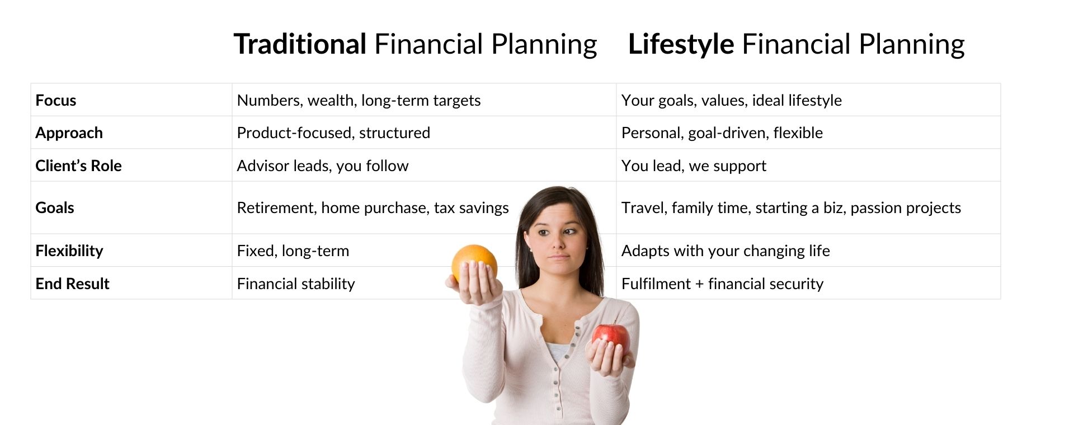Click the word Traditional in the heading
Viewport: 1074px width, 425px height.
(300, 44)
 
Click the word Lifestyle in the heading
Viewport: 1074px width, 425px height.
(681, 45)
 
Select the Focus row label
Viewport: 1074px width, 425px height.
(55, 100)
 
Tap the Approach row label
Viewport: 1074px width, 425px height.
(69, 133)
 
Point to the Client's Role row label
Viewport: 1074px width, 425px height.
(78, 166)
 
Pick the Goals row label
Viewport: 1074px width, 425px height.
(54, 207)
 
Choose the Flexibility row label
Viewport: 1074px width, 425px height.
(69, 251)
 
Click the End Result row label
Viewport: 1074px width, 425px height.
(72, 284)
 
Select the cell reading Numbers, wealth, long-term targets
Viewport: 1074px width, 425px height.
(359, 101)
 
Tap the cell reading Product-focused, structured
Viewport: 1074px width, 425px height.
(333, 133)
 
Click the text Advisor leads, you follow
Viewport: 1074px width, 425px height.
(323, 166)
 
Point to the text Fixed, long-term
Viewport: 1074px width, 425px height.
(293, 251)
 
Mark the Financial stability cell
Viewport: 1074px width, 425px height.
(296, 284)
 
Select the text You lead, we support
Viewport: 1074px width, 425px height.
(694, 166)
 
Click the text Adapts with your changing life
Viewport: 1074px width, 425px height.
(726, 251)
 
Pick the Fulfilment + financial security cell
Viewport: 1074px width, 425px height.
(722, 284)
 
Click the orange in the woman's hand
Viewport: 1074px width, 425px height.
(474, 263)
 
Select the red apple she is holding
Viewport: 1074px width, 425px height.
(611, 339)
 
